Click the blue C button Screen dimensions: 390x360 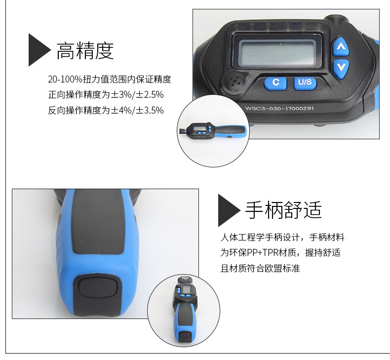275,83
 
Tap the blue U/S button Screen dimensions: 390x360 305,82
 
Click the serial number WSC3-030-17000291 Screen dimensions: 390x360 279,108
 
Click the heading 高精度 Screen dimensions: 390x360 85,50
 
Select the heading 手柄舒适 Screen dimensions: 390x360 283,210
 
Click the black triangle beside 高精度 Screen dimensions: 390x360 38,50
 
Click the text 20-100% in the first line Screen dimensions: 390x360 65,80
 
